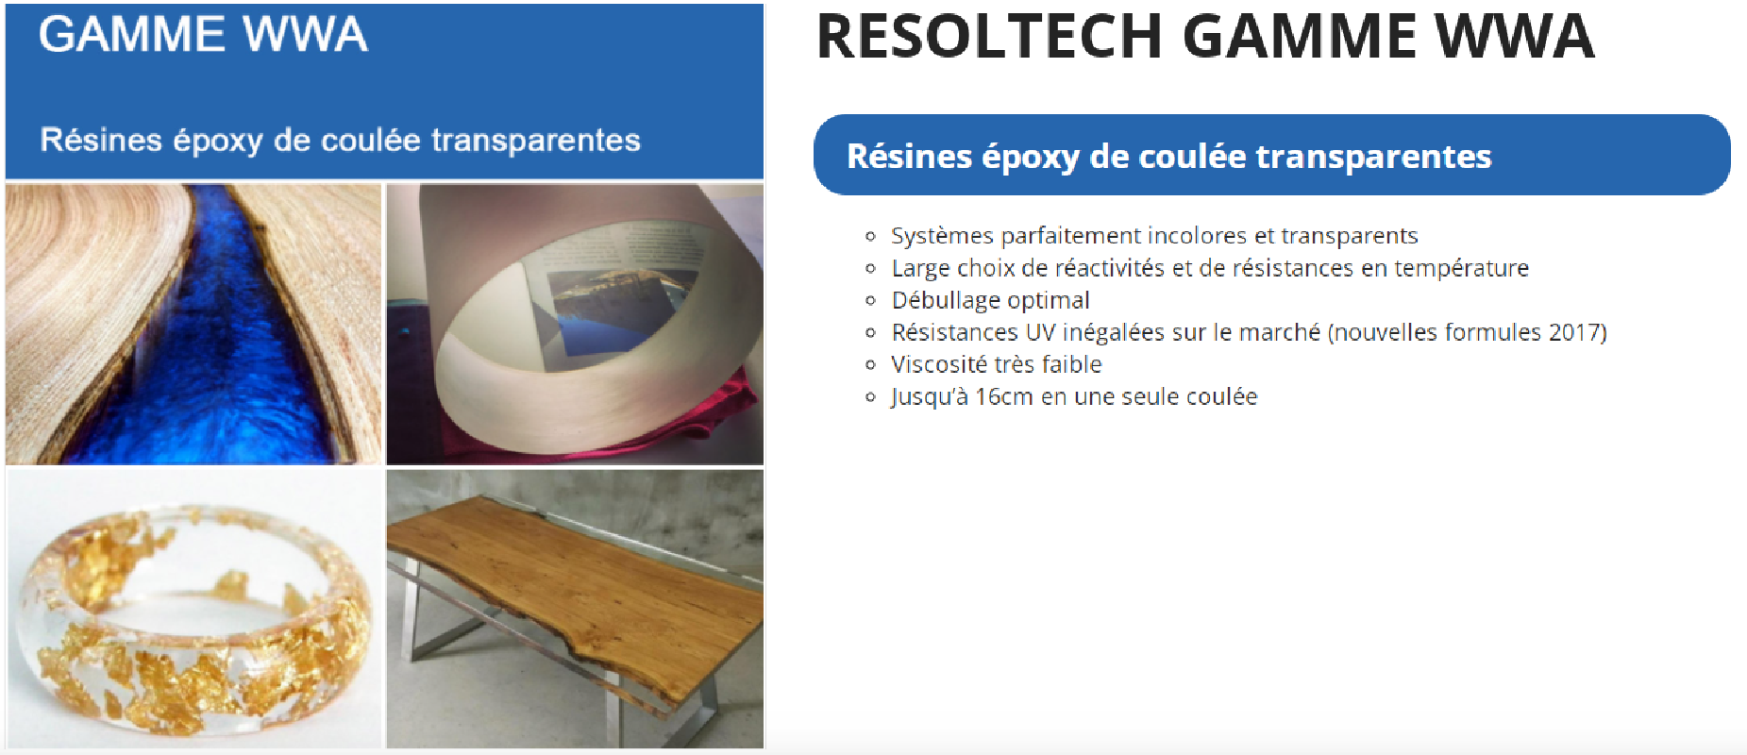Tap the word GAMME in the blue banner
point(132,34)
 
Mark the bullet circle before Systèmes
point(870,236)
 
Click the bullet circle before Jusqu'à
point(870,397)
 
